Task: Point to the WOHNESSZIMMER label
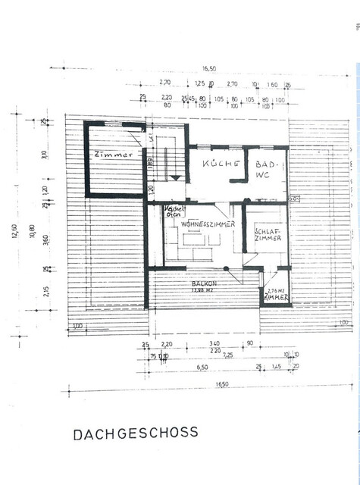tap(198, 224)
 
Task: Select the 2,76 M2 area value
tap(276, 290)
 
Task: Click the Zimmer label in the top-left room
tap(114, 155)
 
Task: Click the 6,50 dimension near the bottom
tap(202, 367)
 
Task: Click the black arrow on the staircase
tap(175, 176)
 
